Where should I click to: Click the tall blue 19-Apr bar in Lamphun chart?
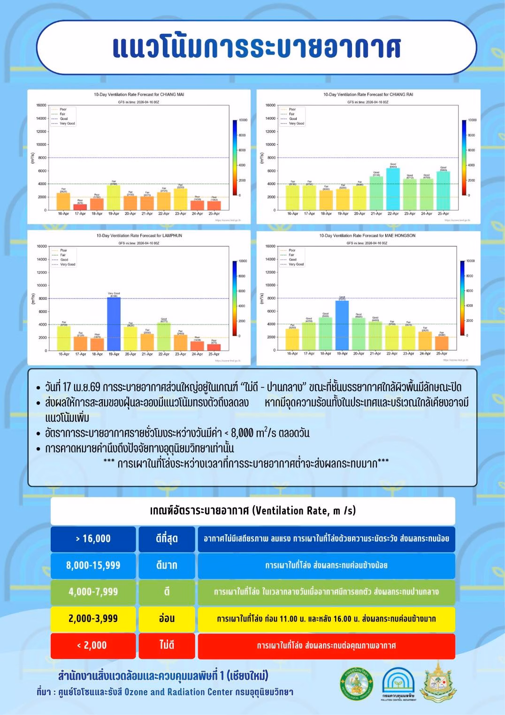[114, 324]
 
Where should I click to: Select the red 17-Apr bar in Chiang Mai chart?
[80, 207]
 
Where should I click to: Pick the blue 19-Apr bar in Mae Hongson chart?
[342, 325]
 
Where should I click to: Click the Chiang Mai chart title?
[139, 94]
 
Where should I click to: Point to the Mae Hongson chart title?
[367, 235]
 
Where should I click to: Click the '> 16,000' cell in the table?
[93, 539]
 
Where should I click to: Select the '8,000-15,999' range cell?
[93, 566]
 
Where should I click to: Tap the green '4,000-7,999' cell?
[93, 592]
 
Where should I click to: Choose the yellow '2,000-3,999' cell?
[93, 619]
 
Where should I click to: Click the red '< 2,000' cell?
[93, 645]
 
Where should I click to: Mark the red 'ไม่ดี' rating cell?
[167, 645]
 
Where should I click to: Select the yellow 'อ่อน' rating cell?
[167, 619]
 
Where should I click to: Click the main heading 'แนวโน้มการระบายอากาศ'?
[256, 47]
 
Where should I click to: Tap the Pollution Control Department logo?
[398, 684]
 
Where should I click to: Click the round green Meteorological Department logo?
[357, 684]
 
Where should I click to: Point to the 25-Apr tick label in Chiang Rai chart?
[443, 214]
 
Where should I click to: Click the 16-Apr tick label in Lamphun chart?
[64, 354]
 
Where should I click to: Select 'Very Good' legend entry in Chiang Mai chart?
[67, 124]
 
